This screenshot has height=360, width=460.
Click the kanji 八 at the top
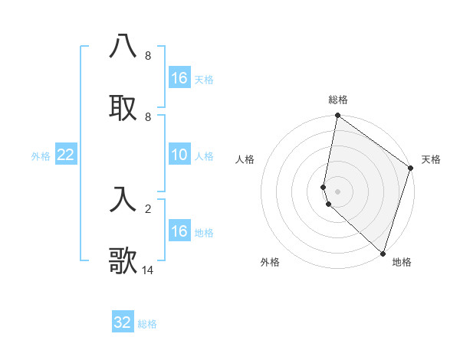pyautogui.click(x=123, y=47)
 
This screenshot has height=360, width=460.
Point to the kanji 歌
pyautogui.click(x=123, y=261)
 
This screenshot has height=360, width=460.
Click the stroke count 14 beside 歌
pyautogui.click(x=148, y=270)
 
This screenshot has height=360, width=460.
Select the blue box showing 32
pyautogui.click(x=123, y=322)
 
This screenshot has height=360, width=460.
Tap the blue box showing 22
pyautogui.click(x=66, y=155)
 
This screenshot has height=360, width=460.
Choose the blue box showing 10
pyautogui.click(x=179, y=155)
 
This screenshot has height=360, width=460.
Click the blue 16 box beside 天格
pyautogui.click(x=179, y=78)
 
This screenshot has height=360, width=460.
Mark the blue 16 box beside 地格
pyautogui.click(x=179, y=231)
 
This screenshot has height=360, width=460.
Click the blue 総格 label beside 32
pyautogui.click(x=147, y=324)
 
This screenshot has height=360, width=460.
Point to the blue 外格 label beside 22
pyautogui.click(x=41, y=156)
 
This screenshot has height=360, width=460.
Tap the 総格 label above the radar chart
pyautogui.click(x=338, y=100)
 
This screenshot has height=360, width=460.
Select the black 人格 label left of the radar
pyautogui.click(x=245, y=159)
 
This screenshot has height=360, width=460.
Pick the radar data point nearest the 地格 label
pyautogui.click(x=383, y=253)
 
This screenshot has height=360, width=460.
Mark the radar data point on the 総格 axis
pyautogui.click(x=337, y=116)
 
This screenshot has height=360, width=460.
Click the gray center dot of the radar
pyautogui.click(x=337, y=191)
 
